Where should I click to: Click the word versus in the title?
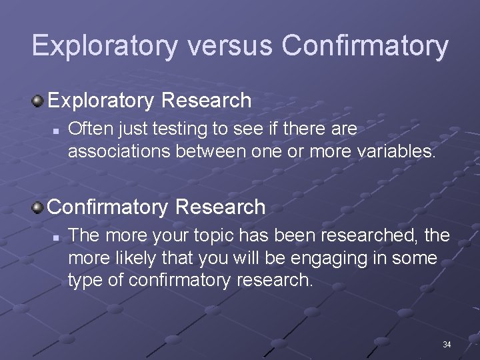pyautogui.click(x=230, y=45)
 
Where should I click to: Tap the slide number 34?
pyautogui.click(x=447, y=345)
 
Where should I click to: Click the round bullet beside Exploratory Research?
pyautogui.click(x=38, y=101)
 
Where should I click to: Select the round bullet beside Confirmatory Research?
pyautogui.click(x=38, y=207)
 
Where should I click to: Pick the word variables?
pyautogui.click(x=395, y=151)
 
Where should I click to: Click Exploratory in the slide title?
pyautogui.click(x=105, y=45)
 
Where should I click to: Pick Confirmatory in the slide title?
pyautogui.click(x=365, y=45)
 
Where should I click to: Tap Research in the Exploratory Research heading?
pyautogui.click(x=207, y=101)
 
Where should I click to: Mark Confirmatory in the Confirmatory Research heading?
pyautogui.click(x=109, y=207)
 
